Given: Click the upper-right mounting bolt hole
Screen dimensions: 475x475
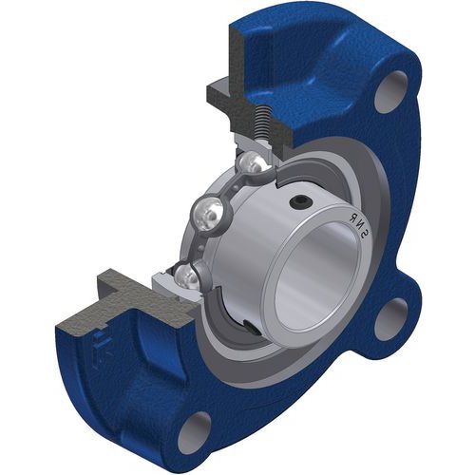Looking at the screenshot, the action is [391, 91].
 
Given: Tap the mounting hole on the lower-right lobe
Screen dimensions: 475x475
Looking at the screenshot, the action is [392, 319].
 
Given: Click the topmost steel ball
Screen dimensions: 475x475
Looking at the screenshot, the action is [251, 162].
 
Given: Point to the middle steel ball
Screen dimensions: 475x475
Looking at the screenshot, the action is [208, 215].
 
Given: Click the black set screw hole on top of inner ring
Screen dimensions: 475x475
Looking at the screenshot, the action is [299, 202].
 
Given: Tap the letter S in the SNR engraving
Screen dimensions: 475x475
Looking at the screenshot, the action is [365, 234].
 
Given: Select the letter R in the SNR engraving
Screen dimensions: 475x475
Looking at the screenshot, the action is [352, 218].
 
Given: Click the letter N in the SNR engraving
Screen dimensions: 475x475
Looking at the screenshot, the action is [359, 225].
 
